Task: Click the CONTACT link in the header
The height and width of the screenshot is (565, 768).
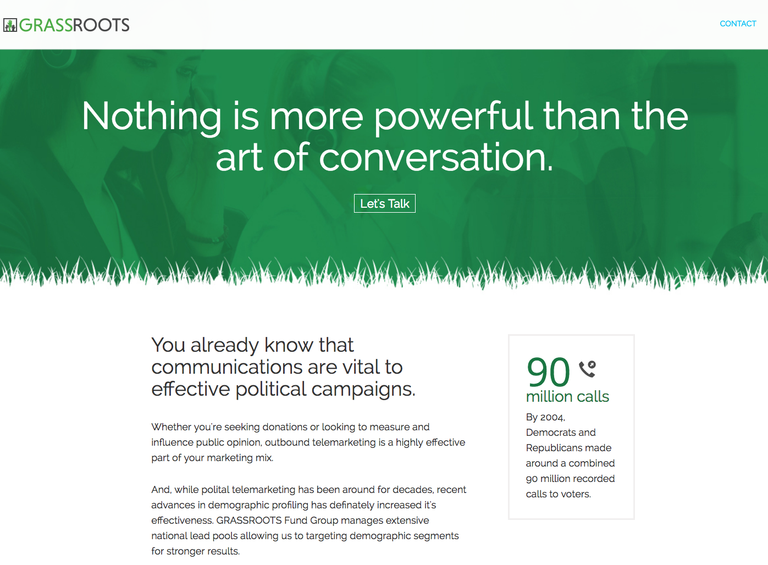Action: pyautogui.click(x=738, y=24)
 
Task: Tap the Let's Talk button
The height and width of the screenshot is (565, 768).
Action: pyautogui.click(x=384, y=203)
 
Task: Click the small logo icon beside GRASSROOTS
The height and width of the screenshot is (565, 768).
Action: pyautogui.click(x=10, y=25)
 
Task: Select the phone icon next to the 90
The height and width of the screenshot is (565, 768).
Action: pyautogui.click(x=587, y=369)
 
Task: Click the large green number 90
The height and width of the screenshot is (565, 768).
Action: pyautogui.click(x=548, y=372)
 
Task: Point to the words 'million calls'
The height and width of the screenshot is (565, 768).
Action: pyautogui.click(x=567, y=397)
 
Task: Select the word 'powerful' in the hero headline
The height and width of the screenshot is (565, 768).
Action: pyautogui.click(x=453, y=118)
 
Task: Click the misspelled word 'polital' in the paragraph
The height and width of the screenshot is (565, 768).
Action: pyautogui.click(x=215, y=490)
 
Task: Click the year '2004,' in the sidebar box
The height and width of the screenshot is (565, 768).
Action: pyautogui.click(x=552, y=417)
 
